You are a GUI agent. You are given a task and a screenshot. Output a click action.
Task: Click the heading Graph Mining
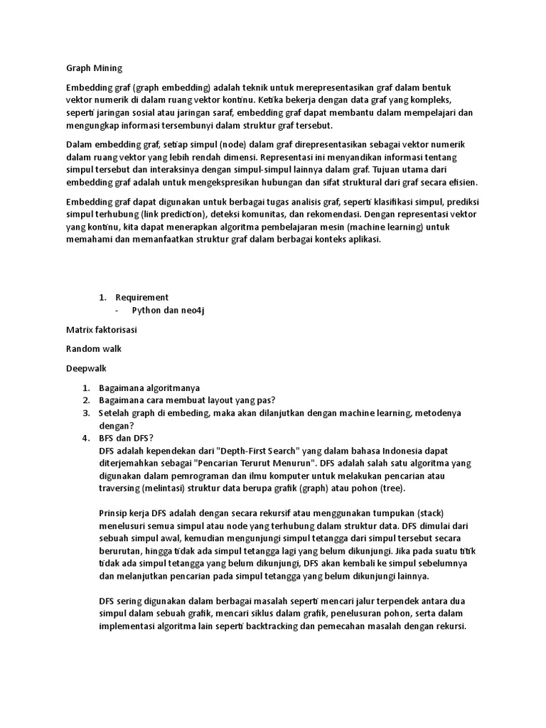[x=94, y=68]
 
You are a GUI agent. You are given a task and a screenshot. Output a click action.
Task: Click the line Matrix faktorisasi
[x=101, y=330]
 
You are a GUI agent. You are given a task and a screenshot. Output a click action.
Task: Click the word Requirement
[x=142, y=297]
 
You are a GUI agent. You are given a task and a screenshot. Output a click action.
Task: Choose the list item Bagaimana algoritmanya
[x=149, y=387]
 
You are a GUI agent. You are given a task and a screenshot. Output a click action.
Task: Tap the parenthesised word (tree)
[x=390, y=489]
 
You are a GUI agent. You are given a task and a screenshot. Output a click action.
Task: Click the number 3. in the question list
[x=85, y=412]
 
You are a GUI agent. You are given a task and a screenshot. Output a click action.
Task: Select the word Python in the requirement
[x=148, y=311]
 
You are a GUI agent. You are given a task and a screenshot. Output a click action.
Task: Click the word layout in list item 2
[x=210, y=400]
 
